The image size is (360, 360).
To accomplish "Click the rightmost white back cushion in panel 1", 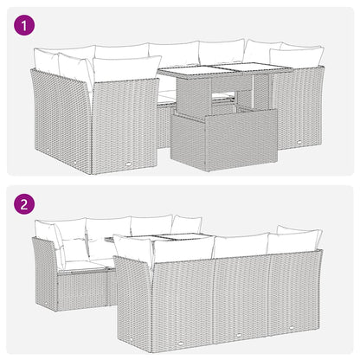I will coord(297,57).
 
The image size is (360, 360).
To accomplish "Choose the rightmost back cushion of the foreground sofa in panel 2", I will coord(294,242).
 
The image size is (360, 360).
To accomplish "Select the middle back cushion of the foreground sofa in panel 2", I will coord(240,246).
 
